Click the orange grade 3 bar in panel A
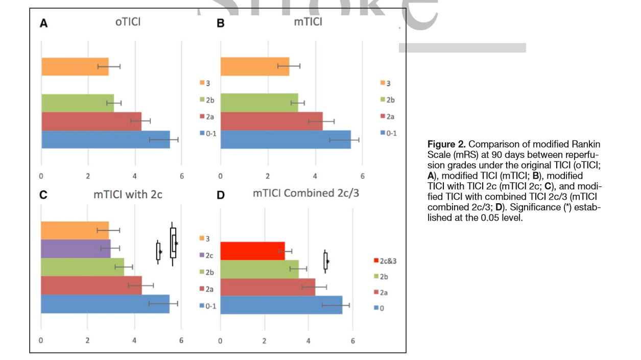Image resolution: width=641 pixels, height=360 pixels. pyautogui.click(x=75, y=66)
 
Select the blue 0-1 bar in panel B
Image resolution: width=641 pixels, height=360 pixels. pyautogui.click(x=285, y=139)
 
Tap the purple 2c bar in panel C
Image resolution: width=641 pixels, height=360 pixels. pyautogui.click(x=76, y=248)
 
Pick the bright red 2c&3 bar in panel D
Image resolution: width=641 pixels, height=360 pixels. pyautogui.click(x=252, y=251)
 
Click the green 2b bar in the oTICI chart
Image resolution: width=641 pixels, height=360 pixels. pyautogui.click(x=77, y=103)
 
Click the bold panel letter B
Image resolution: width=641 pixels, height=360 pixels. pyautogui.click(x=221, y=23)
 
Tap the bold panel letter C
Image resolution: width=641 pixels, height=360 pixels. pyautogui.click(x=43, y=195)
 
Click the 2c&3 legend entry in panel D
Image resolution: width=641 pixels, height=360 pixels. pyautogui.click(x=385, y=260)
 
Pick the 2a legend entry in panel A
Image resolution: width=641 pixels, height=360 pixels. pyautogui.click(x=207, y=116)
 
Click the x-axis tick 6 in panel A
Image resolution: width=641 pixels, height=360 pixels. pyautogui.click(x=182, y=177)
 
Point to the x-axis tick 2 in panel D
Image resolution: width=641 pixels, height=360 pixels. pyautogui.click(x=265, y=341)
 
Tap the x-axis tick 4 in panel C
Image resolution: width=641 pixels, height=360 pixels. pyautogui.click(x=135, y=341)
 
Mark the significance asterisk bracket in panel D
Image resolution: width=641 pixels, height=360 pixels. pyautogui.click(x=326, y=261)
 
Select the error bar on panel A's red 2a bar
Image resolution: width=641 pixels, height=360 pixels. pyautogui.click(x=140, y=121)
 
